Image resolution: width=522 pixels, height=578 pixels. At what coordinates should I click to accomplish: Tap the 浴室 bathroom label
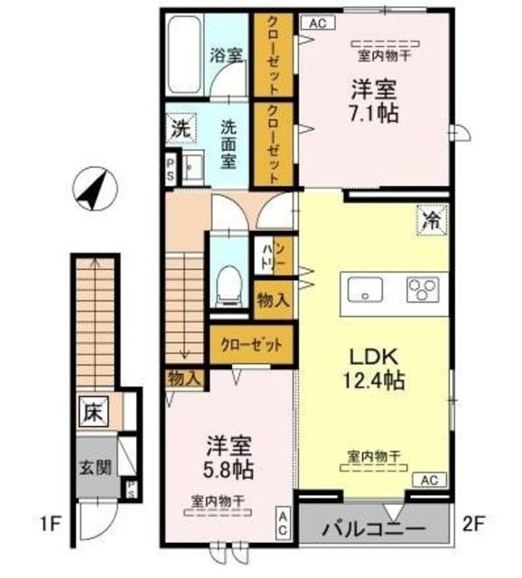coord(226,53)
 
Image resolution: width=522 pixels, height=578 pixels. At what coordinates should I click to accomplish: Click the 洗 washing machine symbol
coord(181,129)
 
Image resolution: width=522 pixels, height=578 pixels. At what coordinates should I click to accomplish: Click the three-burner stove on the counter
coord(420,290)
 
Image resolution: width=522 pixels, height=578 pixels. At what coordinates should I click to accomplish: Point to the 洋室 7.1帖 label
coord(373,102)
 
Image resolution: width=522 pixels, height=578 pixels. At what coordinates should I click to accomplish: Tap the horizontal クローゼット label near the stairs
coord(252,345)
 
